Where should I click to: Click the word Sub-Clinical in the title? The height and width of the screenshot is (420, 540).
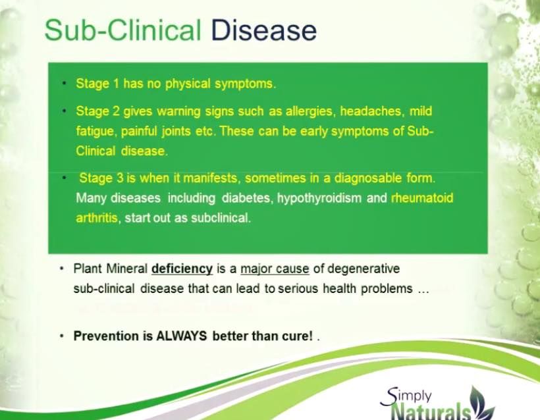(x=122, y=30)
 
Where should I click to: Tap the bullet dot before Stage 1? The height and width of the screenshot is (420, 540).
(x=64, y=84)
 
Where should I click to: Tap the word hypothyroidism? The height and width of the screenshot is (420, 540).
(x=319, y=198)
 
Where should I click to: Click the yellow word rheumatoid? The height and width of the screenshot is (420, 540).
(x=422, y=198)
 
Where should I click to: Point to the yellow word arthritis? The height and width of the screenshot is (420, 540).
(x=97, y=218)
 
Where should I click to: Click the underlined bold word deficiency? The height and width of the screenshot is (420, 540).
(x=182, y=269)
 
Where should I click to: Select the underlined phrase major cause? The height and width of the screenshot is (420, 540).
(x=275, y=269)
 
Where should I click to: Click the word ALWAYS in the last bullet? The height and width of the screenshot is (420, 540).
(x=182, y=336)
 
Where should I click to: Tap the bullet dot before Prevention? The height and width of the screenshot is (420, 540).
(x=62, y=336)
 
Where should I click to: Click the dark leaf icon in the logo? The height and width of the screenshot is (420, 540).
(x=482, y=403)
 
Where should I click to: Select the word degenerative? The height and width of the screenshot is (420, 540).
(x=364, y=269)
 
